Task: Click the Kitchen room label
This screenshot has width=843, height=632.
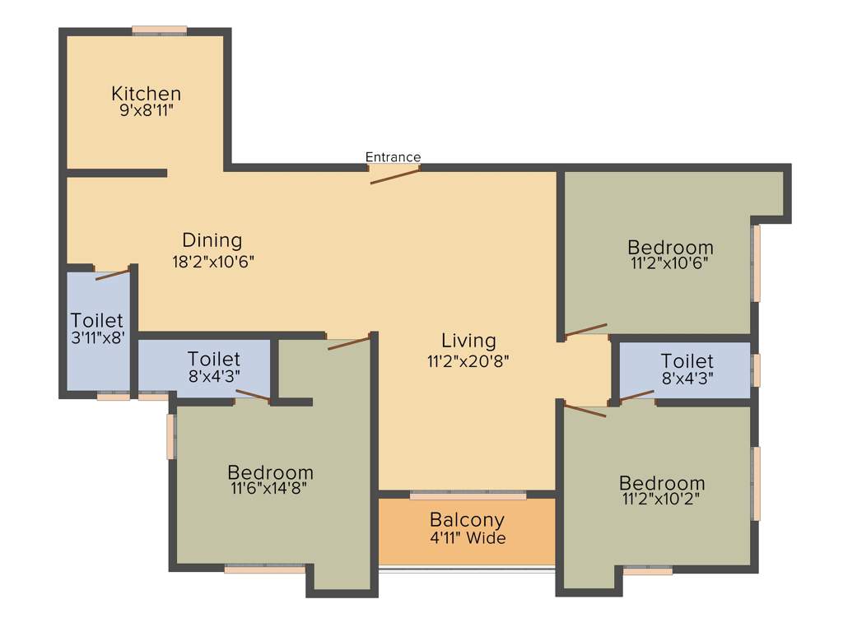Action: coord(146,93)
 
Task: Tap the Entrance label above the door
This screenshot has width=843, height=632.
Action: coord(393,157)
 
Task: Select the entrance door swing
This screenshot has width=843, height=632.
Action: coord(395,174)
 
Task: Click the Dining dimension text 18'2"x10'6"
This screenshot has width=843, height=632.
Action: coord(212,261)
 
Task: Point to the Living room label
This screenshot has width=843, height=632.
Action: coord(468,340)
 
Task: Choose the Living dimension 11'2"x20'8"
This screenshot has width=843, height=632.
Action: coord(468,360)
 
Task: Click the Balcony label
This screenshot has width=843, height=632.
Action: coord(467,520)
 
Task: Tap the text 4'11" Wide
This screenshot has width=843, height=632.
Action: coord(467,539)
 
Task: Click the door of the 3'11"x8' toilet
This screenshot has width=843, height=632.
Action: coord(112,273)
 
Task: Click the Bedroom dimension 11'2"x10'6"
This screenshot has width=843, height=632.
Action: coord(669,263)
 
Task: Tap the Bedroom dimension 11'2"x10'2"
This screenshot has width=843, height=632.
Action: coord(662,499)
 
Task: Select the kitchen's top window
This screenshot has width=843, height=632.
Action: coord(160,31)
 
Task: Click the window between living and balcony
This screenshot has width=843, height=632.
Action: coord(468,495)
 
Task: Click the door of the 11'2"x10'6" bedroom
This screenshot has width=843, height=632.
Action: coord(585,330)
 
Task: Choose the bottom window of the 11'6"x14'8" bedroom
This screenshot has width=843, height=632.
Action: coord(264,568)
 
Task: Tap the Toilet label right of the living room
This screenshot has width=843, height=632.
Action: coord(687,361)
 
